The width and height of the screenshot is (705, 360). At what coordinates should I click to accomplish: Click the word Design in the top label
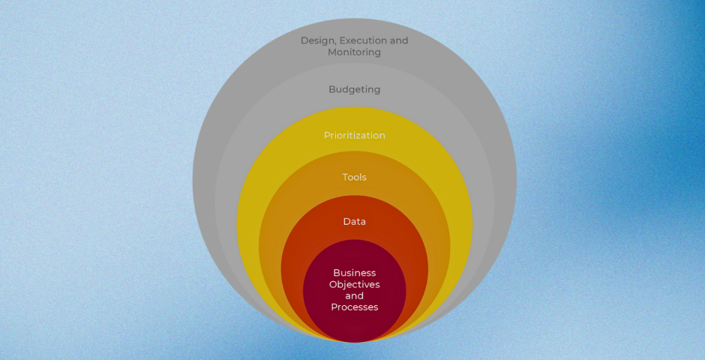tap(318, 40)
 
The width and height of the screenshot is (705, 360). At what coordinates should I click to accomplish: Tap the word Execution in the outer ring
tap(362, 40)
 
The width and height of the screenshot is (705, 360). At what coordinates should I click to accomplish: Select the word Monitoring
tap(354, 52)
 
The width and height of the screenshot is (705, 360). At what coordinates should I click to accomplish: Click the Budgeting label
tap(354, 90)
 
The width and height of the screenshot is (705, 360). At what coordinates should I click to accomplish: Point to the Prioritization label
tap(354, 136)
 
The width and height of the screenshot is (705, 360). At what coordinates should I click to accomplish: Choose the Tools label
tap(354, 178)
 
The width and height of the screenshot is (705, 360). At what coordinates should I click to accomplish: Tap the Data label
tap(354, 221)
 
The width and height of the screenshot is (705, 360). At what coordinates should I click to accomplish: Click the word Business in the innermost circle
tap(354, 273)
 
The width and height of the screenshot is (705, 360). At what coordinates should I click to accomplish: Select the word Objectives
tap(354, 285)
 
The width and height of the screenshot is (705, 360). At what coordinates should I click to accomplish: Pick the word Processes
tap(354, 307)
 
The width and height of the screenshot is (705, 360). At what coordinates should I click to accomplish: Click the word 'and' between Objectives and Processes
tap(354, 296)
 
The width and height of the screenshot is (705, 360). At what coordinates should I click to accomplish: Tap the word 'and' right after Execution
tap(397, 40)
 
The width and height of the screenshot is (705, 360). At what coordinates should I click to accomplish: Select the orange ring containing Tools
tap(274, 225)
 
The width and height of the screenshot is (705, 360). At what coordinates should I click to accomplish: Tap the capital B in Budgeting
tap(331, 90)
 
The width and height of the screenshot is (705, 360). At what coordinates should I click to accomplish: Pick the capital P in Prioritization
tap(327, 136)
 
